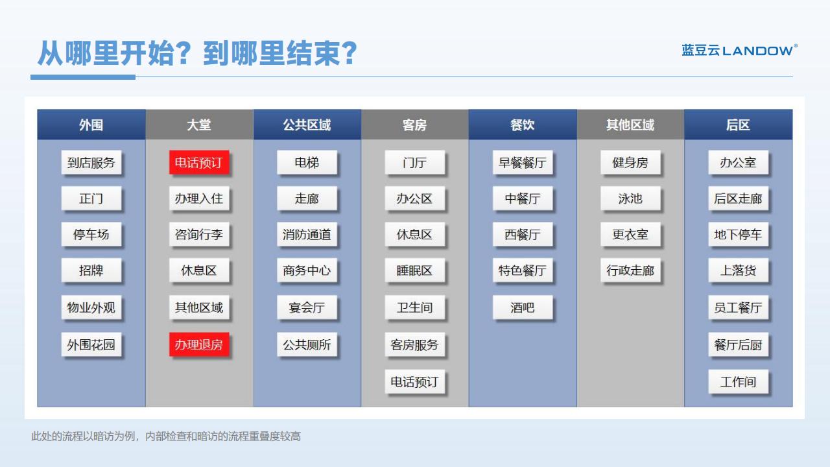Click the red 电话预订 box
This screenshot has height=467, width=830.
[199, 162]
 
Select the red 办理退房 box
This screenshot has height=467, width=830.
[199, 344]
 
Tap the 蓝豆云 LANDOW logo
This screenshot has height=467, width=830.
[740, 50]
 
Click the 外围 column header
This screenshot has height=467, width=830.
[91, 125]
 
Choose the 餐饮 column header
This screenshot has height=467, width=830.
[523, 125]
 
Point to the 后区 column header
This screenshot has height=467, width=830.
[738, 125]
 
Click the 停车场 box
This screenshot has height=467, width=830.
[91, 234]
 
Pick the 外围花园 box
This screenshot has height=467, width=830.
[91, 344]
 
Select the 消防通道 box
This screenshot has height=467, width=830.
[307, 234]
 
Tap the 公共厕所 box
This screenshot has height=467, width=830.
[307, 344]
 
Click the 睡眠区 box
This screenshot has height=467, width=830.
[414, 270]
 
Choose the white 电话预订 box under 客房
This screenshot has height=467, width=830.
[414, 382]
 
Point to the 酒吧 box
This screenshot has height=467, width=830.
[523, 307]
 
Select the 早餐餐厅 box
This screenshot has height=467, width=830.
[523, 162]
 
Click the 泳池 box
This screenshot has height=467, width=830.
[630, 198]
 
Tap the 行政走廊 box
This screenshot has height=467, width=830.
[630, 270]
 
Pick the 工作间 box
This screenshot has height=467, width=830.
[738, 382]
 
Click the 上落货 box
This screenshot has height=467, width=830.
[738, 270]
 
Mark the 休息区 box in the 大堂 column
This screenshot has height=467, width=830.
[199, 270]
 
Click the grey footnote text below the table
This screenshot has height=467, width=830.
[165, 437]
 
